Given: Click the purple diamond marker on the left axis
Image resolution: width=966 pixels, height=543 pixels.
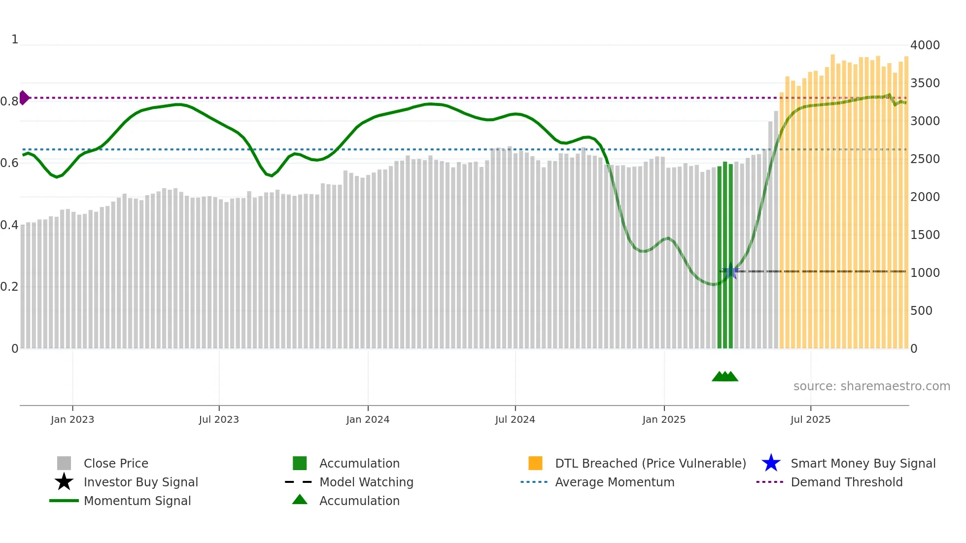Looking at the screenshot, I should (24, 98).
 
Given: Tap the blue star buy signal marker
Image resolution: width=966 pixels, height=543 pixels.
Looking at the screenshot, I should (731, 271).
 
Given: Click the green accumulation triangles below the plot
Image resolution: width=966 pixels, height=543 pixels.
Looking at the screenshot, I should (724, 376).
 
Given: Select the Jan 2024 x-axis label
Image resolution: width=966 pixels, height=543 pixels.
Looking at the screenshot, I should (368, 419).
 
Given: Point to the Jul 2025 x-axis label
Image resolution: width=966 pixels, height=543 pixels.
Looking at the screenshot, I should (810, 419).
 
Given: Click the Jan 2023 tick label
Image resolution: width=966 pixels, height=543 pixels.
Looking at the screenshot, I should (72, 419).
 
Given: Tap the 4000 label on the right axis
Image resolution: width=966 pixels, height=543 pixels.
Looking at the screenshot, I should (925, 45).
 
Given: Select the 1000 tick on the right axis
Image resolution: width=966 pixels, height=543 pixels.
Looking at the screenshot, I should (925, 273).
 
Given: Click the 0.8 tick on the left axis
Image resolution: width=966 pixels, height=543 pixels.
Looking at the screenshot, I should (9, 102).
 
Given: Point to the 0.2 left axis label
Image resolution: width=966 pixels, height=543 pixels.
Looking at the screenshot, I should (9, 287).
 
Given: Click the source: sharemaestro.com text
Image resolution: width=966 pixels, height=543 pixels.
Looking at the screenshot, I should (871, 386).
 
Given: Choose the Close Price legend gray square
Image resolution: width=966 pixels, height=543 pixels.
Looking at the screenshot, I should (64, 463).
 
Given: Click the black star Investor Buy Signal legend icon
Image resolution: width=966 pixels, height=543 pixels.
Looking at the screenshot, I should (64, 482).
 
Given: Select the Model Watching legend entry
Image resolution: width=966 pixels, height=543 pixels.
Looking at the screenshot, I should (366, 482).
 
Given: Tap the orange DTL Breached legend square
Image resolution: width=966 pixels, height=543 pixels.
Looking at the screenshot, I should (535, 463).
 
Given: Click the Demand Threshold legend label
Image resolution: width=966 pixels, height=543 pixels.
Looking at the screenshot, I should (846, 482).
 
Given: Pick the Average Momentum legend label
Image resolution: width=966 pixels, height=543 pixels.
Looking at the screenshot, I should (614, 482).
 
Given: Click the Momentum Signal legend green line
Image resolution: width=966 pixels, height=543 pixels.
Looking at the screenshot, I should (64, 501).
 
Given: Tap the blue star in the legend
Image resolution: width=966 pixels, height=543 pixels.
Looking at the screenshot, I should (771, 463).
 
